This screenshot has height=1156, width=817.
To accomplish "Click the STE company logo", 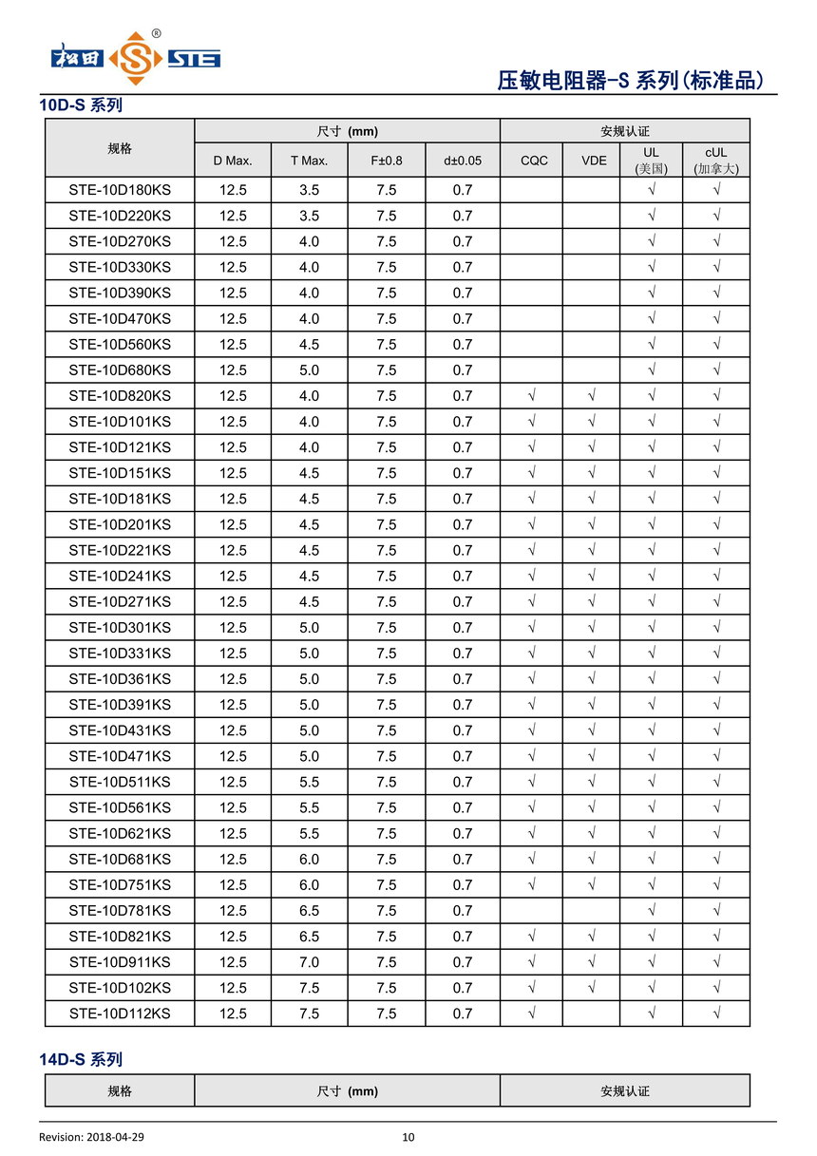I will pos(135,58).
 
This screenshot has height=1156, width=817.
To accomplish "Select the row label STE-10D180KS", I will pos(120,190).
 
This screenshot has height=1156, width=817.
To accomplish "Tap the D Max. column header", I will pos(233,161).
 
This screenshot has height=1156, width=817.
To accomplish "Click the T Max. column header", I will pos(309,161).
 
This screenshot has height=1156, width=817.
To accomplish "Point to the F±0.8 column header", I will pos(386,161).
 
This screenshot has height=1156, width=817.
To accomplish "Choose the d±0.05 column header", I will pos(462,161).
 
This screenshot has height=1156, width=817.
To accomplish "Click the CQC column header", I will pos(534,161).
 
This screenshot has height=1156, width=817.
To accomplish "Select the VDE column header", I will pos(594,161).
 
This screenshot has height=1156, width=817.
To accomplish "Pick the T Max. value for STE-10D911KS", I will pos(309,962).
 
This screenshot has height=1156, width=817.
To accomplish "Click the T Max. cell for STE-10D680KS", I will pos(309,370).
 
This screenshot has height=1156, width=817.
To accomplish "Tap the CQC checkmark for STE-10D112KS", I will pos(532,1014).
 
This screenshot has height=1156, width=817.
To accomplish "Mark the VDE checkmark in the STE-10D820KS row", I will pos(592,396).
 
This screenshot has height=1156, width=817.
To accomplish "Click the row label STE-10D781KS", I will pos(120,911).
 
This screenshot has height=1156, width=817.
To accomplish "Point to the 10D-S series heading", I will pos(81,105).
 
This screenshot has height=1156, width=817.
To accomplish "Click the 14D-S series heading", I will pos(81,1059).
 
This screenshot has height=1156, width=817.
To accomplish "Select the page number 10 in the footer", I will pos(408,1137).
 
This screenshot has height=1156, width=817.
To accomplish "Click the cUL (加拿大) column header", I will pos(715,161).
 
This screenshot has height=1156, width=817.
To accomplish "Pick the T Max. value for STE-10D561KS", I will pos(309,808).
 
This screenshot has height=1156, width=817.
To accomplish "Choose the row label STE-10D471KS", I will pos(120,757).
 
